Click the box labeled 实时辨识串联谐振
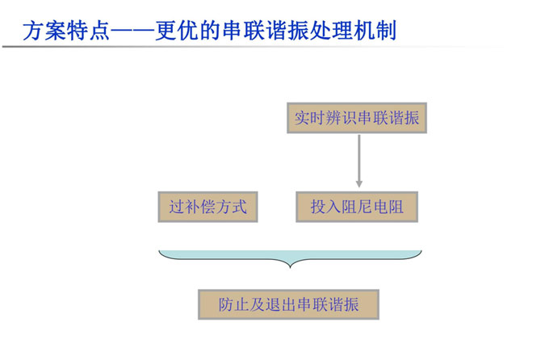[x=357, y=118]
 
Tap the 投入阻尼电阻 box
[x=357, y=207]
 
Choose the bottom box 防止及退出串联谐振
[x=288, y=304]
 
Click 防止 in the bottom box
[x=234, y=304]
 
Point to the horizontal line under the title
[x=242, y=46]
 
